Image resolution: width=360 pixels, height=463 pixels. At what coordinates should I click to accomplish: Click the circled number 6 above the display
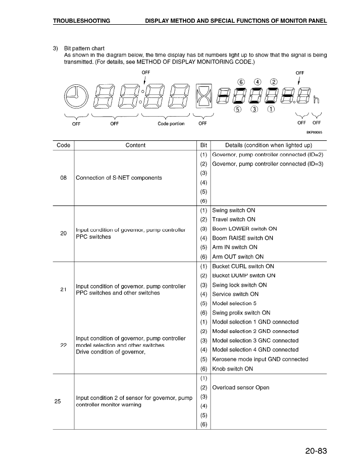point(241,82)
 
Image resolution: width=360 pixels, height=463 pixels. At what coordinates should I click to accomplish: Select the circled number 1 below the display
point(271,109)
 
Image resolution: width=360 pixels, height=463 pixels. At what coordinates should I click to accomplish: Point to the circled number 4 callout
point(257,82)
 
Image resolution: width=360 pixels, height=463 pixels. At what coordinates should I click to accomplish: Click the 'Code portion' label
point(171,123)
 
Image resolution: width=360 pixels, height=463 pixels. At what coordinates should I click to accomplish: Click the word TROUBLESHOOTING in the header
point(82,21)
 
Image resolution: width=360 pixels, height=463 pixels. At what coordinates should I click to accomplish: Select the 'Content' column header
point(135,145)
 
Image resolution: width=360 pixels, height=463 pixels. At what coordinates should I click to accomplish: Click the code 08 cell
point(64,178)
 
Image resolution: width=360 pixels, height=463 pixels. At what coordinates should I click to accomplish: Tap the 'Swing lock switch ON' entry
point(239,285)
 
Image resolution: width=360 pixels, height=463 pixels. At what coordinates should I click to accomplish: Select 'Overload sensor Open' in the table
point(240,388)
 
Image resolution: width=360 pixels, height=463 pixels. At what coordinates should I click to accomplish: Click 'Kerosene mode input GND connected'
point(260,359)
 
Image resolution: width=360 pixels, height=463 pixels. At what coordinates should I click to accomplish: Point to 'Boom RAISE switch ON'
point(242,238)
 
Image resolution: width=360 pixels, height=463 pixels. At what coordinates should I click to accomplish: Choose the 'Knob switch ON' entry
point(232,369)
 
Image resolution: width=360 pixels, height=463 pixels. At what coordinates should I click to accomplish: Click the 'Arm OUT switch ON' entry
point(238,256)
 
